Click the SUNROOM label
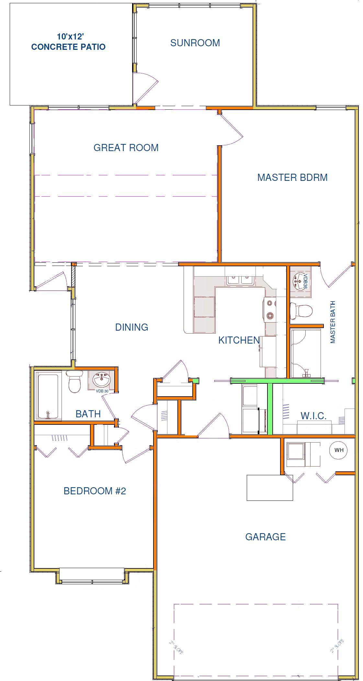coord(195,43)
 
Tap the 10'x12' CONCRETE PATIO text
coord(68,42)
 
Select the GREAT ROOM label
coord(126,148)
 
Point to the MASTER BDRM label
coord(292,177)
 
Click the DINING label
coord(132,327)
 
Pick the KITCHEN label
coord(239,340)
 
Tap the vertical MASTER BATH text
coord(333,322)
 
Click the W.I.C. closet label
coord(313,416)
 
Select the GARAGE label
coord(266,537)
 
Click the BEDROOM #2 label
coord(95,491)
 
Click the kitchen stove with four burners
coord(270,310)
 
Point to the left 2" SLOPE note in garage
coord(176,648)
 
